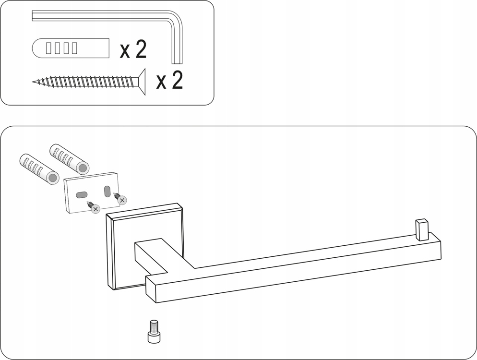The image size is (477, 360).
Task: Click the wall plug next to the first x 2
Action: point(71,48)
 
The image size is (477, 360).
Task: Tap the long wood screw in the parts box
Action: point(89,82)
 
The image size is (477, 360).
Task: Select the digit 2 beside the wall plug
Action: point(141,48)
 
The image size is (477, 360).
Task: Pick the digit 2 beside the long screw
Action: point(178,80)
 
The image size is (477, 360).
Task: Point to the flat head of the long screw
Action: point(142,82)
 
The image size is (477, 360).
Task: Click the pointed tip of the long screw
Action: point(33,82)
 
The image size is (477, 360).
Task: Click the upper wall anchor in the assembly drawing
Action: point(70,158)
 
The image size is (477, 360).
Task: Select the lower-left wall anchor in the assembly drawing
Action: point(39,168)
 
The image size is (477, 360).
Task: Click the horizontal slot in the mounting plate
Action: point(81,194)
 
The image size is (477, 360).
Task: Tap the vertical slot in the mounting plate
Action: point(107,192)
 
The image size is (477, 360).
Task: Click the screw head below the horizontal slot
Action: point(95,209)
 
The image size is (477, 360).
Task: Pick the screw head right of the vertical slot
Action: point(122,200)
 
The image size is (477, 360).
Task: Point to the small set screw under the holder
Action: point(154,332)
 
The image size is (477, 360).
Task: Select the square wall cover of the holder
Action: point(144,247)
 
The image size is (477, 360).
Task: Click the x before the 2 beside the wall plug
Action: point(125,51)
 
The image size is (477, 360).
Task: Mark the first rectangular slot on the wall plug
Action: point(48,48)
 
